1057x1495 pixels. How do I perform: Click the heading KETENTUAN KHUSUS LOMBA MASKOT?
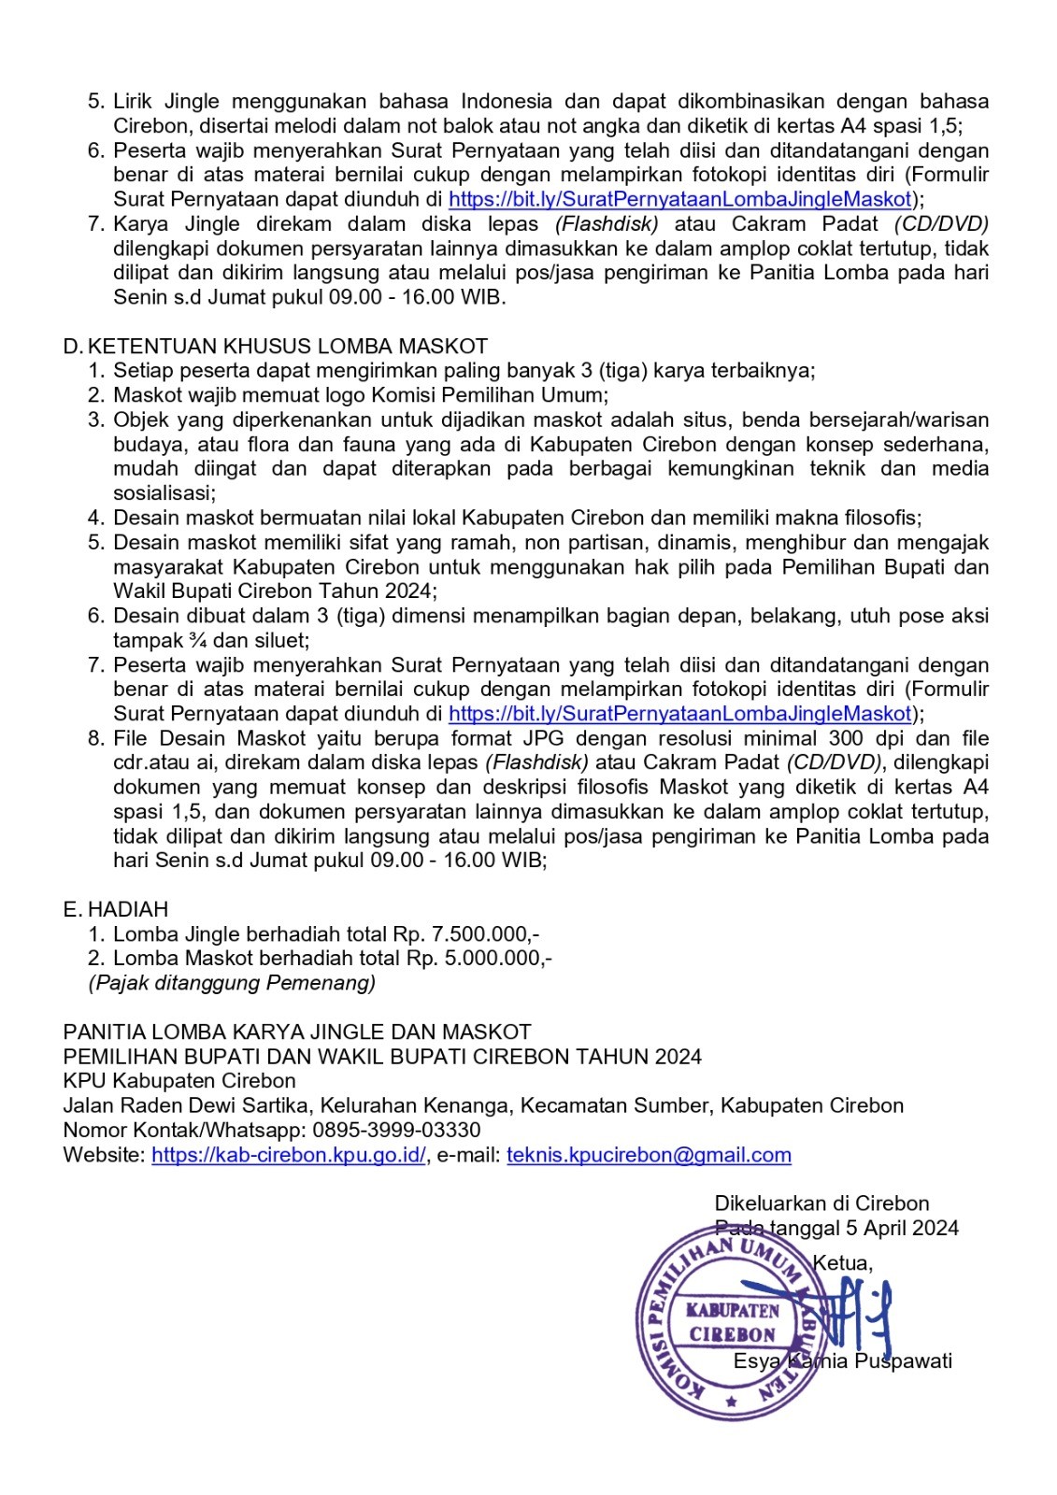pos(287,347)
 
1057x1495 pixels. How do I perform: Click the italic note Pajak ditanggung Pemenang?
pos(232,982)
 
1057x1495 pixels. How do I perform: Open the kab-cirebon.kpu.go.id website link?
pos(289,1154)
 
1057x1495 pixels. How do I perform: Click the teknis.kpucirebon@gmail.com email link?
pos(649,1154)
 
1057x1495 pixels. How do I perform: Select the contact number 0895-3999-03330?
pos(396,1130)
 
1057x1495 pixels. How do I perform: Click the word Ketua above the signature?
pos(842,1263)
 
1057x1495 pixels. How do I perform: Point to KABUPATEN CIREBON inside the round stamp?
pos(733,1321)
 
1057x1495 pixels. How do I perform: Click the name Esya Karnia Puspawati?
pos(842,1360)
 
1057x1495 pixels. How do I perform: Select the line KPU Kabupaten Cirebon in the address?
pos(179,1081)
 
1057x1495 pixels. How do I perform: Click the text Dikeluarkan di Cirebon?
pos(821,1203)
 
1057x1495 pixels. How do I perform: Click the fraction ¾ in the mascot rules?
pos(198,640)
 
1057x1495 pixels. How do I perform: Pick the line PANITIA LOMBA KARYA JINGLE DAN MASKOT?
pos(297,1032)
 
